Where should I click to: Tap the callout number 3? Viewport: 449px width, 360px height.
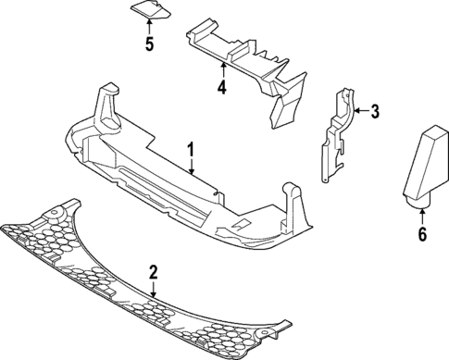375,113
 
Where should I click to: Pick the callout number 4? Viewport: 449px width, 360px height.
222,88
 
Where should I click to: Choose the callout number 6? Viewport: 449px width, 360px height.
422,234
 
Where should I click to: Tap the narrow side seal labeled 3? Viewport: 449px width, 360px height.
338,134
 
